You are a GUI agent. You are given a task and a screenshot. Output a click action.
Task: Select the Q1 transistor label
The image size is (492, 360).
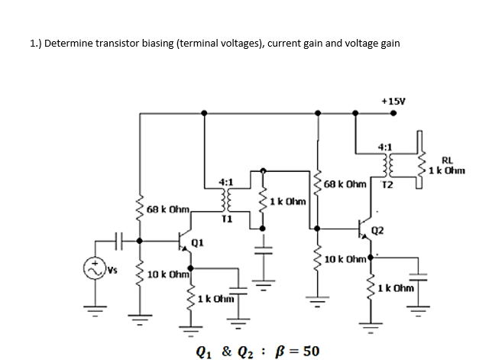tap(196, 243)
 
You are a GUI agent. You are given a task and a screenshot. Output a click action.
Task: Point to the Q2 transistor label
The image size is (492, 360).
tap(377, 230)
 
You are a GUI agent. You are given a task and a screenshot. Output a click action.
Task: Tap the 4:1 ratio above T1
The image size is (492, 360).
tap(225, 183)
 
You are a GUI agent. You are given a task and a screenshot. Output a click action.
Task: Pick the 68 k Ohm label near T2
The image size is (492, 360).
tap(346, 184)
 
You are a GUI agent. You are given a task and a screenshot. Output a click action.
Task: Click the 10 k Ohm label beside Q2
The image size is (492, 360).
tap(345, 260)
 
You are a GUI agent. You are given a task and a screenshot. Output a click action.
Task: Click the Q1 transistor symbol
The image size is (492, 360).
tap(183, 240)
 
